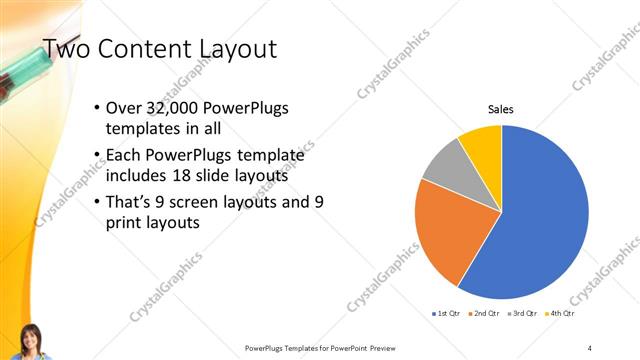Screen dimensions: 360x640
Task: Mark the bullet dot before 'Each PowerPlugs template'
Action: [96, 155]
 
